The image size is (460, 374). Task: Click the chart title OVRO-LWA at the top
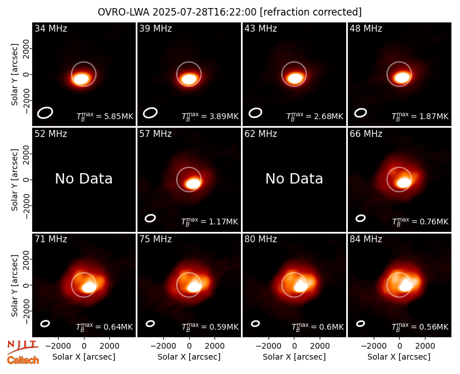tap(123, 12)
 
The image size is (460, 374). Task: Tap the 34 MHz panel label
tap(51, 28)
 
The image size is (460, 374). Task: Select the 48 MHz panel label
tap(366, 28)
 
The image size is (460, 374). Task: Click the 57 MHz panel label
tap(155, 134)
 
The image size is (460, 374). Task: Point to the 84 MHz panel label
tap(366, 239)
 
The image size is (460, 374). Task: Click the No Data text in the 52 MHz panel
tap(84, 179)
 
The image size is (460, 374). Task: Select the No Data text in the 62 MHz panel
tap(294, 179)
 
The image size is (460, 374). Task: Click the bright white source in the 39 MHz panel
tap(189, 79)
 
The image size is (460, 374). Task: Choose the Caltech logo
tap(23, 360)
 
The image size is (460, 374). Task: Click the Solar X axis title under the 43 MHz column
tap(294, 357)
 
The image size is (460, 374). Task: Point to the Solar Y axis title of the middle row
tap(15, 180)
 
